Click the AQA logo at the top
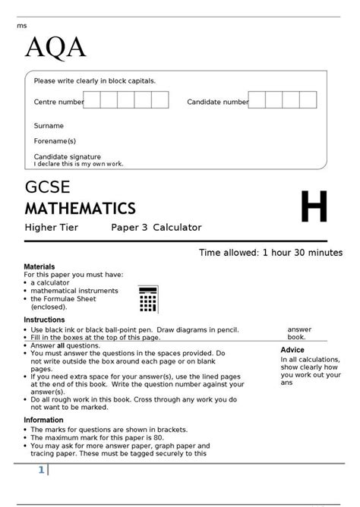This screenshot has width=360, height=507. coord(55,48)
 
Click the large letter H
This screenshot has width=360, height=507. coord(314,207)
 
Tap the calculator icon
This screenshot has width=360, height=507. coord(148,299)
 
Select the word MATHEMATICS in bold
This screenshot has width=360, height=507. coord(81,209)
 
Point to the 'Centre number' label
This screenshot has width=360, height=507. coord(58,102)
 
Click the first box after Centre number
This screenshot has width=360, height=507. coord(92,100)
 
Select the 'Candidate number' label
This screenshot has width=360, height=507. coord(217,102)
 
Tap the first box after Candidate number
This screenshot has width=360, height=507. coord(257,100)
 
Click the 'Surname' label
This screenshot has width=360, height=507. coord(49,126)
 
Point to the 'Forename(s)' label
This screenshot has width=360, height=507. coord(55,141)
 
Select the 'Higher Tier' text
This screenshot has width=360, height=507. coord(51,227)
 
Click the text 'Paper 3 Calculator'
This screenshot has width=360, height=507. coord(156,227)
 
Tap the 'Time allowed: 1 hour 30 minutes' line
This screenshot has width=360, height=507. coord(270,253)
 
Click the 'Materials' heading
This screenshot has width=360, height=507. coord(39,267)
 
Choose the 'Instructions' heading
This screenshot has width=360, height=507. coord(44,320)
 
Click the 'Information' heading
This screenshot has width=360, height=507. coord(44,420)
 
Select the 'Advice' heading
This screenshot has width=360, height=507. coord(292,350)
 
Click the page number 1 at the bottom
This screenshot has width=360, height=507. coord(41,471)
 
